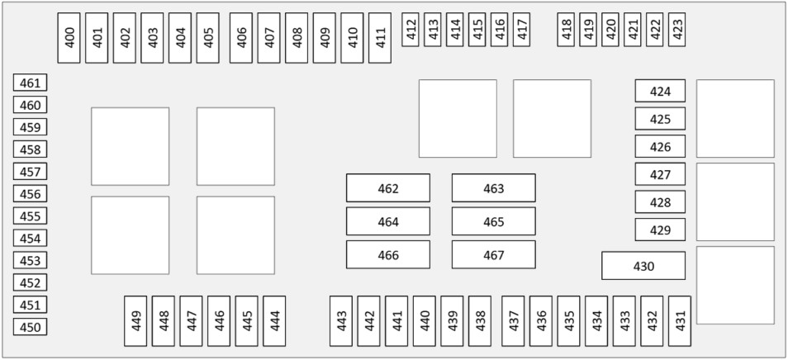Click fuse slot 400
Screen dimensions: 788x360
click(69, 38)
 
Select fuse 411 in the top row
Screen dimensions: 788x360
click(379, 38)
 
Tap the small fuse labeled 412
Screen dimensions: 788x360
click(410, 30)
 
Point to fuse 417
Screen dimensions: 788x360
click(521, 30)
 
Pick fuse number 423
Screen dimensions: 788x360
click(676, 30)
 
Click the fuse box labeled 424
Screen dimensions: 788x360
click(660, 91)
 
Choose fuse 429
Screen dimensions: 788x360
click(660, 230)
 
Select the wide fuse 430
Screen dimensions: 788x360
click(643, 266)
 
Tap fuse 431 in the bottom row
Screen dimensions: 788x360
click(680, 321)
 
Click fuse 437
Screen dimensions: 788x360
click(513, 321)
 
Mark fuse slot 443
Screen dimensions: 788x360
click(341, 321)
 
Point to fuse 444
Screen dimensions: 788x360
click(274, 321)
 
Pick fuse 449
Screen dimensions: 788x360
click(135, 321)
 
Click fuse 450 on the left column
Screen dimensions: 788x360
click(31, 327)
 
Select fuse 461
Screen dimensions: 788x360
click(31, 83)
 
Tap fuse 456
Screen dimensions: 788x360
click(31, 194)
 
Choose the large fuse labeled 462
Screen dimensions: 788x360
click(388, 188)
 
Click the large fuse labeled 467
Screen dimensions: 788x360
click(493, 254)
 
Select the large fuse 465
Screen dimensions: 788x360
click(493, 221)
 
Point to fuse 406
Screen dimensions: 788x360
click(241, 38)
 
